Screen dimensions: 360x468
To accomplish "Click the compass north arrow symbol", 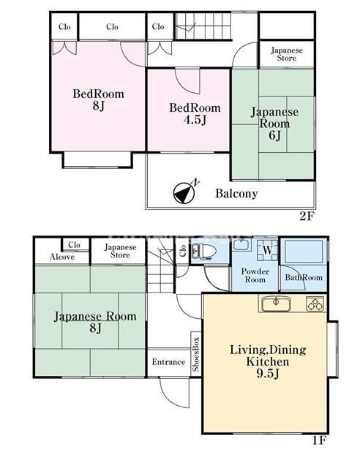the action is click(x=184, y=192).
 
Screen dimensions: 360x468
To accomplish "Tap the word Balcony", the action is click(x=236, y=194).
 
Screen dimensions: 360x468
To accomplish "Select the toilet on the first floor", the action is click(x=204, y=249).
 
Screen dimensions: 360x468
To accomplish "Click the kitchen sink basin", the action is click(x=276, y=304).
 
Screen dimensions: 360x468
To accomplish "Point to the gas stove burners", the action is click(x=315, y=304).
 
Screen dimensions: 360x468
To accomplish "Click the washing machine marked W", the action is click(x=268, y=250).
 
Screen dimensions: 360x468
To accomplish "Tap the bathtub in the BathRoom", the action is click(x=304, y=252).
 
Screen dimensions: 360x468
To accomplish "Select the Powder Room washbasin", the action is click(x=240, y=245).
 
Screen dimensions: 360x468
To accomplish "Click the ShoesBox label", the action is click(x=195, y=355).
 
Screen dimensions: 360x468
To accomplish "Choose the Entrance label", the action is click(x=168, y=362).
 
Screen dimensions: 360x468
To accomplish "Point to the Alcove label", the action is click(x=62, y=257).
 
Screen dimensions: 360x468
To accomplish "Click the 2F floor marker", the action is click(x=307, y=216).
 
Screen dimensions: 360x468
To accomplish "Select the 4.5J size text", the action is click(x=195, y=120).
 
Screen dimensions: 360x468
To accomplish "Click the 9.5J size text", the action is click(x=268, y=374).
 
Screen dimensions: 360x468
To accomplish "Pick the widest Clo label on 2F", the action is click(x=113, y=27).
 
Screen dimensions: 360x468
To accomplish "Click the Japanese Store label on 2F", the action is click(x=287, y=54).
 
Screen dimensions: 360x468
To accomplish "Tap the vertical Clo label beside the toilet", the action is click(x=182, y=250).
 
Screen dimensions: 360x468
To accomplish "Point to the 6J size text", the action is click(x=274, y=135).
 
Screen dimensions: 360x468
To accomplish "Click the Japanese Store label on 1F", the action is click(x=121, y=251).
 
